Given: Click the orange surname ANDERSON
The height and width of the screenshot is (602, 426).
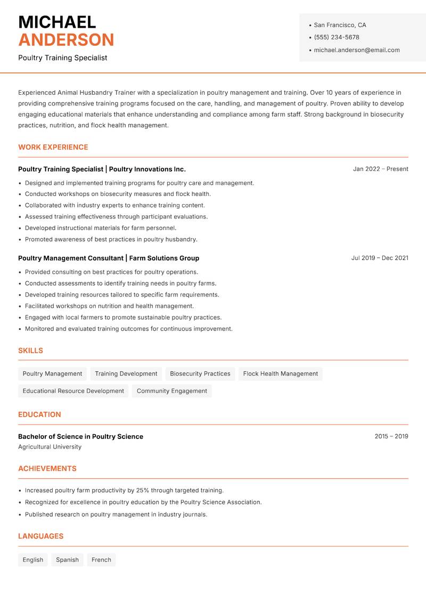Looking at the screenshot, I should (66, 40).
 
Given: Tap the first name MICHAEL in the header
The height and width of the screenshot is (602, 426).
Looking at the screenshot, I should (57, 22).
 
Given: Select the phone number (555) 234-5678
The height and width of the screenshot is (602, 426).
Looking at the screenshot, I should (336, 37).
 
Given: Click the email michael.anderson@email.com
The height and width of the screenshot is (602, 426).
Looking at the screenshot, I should (356, 50).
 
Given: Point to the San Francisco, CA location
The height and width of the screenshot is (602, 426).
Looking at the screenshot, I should (340, 25).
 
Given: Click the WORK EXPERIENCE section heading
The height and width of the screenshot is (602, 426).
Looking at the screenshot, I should (53, 147).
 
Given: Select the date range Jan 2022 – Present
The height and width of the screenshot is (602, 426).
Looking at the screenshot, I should (380, 169).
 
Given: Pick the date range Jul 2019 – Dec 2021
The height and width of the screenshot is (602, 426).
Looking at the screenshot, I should (379, 258).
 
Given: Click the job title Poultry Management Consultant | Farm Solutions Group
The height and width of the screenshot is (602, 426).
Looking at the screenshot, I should (109, 258).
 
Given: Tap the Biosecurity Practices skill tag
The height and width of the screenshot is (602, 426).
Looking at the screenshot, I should (200, 374).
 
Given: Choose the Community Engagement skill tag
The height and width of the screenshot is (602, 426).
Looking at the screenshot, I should (171, 391).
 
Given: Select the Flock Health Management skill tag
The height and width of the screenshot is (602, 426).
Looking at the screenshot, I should (280, 374).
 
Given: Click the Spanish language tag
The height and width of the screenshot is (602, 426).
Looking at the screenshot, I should (67, 560).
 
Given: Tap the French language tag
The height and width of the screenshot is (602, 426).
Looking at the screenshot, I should (101, 560).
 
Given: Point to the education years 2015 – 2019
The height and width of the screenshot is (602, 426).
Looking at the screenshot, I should (391, 436).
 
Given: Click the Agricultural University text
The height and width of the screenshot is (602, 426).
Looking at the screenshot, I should (50, 447).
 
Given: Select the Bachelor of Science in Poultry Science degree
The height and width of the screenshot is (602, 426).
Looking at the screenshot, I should (80, 436).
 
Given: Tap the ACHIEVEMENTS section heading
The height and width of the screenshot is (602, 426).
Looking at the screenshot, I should (47, 469).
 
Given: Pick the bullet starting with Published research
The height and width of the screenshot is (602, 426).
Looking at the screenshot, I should (116, 515).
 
